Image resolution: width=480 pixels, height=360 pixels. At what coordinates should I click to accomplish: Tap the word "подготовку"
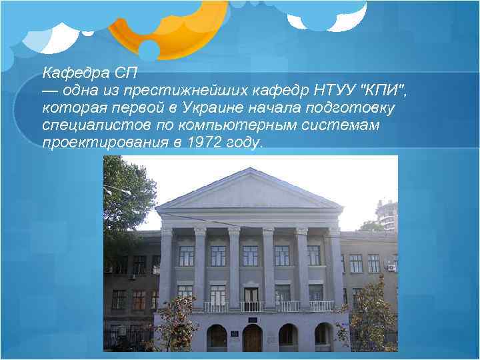[353, 107]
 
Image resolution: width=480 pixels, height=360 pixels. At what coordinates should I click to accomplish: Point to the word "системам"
[346, 125]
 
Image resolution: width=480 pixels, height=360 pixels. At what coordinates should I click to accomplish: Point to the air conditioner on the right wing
[391, 267]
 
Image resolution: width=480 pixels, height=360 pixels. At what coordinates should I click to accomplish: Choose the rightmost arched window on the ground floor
[323, 336]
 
